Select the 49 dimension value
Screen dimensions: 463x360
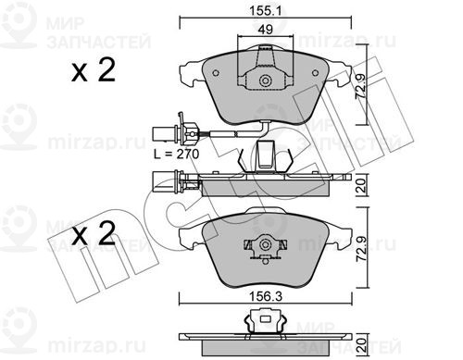(x=266, y=30)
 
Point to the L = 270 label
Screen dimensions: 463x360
(x=177, y=154)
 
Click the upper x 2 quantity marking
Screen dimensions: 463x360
(x=94, y=70)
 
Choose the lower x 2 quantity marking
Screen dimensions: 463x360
(x=94, y=233)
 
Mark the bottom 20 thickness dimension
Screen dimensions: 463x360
(x=362, y=345)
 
